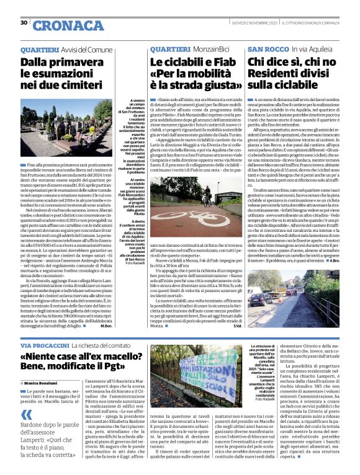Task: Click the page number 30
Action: click(24, 23)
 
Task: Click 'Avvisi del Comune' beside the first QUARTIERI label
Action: click(88, 48)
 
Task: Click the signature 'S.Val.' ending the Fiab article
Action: click(237, 326)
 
